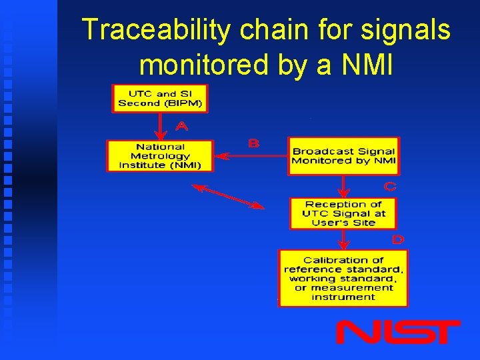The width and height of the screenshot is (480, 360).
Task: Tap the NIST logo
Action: click(397, 331)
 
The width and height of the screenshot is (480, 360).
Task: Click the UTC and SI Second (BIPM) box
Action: click(159, 99)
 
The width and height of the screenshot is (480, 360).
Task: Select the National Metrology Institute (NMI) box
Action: click(160, 156)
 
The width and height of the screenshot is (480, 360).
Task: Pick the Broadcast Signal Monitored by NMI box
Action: click(343, 156)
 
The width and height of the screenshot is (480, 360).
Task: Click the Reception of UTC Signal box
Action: click(343, 213)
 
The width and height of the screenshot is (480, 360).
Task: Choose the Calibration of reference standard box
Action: click(343, 278)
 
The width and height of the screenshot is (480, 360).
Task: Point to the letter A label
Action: click(181, 126)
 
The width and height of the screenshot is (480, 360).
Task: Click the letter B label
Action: click(253, 143)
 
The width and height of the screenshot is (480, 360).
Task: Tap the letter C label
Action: click(390, 187)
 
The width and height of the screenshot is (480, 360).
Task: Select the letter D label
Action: click(397, 239)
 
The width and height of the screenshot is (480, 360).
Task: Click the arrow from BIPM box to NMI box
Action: click(159, 127)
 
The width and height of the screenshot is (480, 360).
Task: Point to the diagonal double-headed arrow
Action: click(228, 197)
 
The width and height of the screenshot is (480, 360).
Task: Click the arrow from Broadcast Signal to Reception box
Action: click(343, 187)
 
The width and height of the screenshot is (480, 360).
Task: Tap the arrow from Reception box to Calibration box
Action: click(343, 240)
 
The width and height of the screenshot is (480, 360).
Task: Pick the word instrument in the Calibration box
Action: click(343, 297)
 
